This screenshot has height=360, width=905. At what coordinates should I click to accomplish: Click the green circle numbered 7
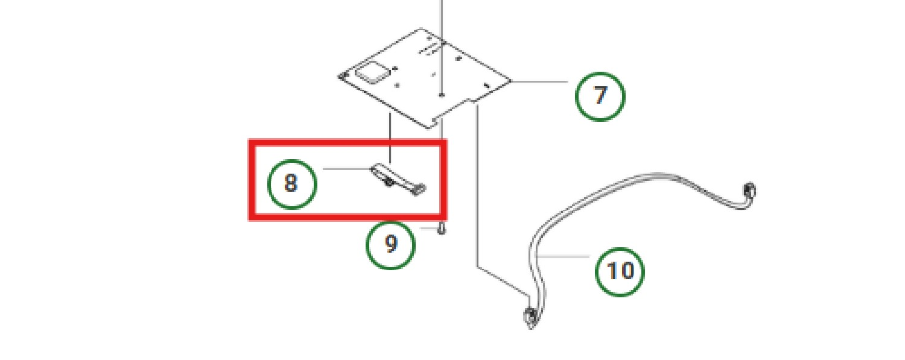pyautogui.click(x=600, y=96)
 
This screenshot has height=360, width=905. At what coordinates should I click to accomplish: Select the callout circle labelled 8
pyautogui.click(x=292, y=184)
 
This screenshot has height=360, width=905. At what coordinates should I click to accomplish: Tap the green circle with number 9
pyautogui.click(x=390, y=245)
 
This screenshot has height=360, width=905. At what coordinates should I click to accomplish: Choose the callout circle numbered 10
pyautogui.click(x=620, y=271)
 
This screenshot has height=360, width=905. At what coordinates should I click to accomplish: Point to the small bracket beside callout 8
pyautogui.click(x=398, y=179)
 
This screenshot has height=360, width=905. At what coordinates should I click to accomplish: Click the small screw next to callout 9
pyautogui.click(x=442, y=229)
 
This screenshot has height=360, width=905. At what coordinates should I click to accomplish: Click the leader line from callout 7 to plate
pyautogui.click(x=539, y=81)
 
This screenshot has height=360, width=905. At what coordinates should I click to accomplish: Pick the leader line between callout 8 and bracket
pyautogui.click(x=347, y=169)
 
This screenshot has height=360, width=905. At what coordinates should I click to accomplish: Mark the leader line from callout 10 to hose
pyautogui.click(x=562, y=256)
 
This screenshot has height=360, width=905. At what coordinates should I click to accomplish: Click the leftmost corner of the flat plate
pyautogui.click(x=338, y=76)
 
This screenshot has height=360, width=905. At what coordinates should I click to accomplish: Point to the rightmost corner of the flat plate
pyautogui.click(x=510, y=81)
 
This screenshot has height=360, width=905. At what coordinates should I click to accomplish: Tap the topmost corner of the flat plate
pyautogui.click(x=421, y=28)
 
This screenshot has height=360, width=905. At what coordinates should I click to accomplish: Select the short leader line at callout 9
pyautogui.click(x=428, y=229)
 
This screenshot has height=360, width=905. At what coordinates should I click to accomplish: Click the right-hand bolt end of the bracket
pyautogui.click(x=420, y=189)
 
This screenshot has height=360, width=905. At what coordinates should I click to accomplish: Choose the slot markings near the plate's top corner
pyautogui.click(x=429, y=48)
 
